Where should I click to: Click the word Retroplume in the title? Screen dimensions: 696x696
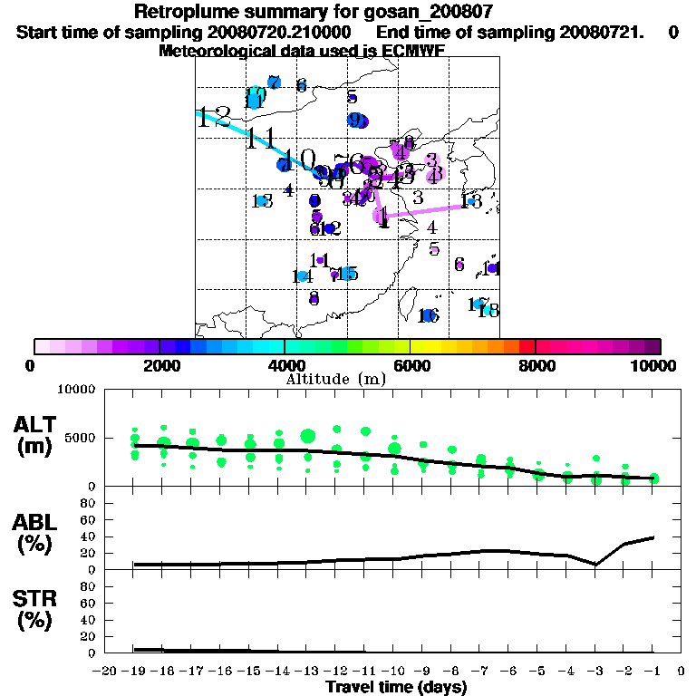click(183, 12)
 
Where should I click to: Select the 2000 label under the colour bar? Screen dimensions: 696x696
click(159, 365)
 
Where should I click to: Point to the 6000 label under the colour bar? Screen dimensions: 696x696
click(410, 365)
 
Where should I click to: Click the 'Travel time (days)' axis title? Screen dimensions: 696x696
click(396, 687)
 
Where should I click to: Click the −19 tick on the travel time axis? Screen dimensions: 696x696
click(133, 672)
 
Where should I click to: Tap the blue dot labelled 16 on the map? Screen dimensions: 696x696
click(426, 315)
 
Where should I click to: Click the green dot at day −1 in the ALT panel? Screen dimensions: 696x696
click(653, 478)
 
